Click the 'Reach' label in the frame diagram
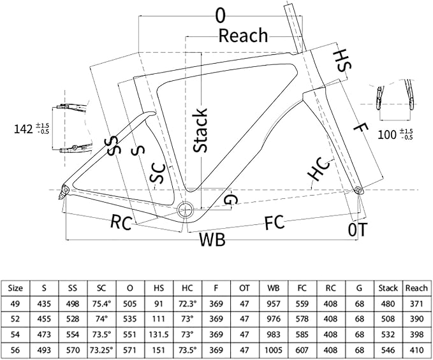coord(243,36)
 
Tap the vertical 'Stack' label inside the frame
coord(200,130)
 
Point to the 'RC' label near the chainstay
coord(121,222)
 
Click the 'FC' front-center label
coord(274,222)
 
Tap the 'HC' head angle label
coord(319,169)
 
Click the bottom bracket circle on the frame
coord(185,210)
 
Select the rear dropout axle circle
coord(66,190)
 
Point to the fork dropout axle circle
coord(358,189)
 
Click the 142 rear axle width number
coord(23,129)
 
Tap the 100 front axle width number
coord(387,134)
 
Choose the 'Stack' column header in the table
coord(388,288)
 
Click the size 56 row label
coord(15,350)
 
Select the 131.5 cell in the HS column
coord(159,335)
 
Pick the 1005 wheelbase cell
coord(273,350)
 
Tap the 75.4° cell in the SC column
coord(101,304)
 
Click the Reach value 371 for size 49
coord(416,304)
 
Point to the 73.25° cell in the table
coord(101,350)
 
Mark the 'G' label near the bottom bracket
coord(230,199)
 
